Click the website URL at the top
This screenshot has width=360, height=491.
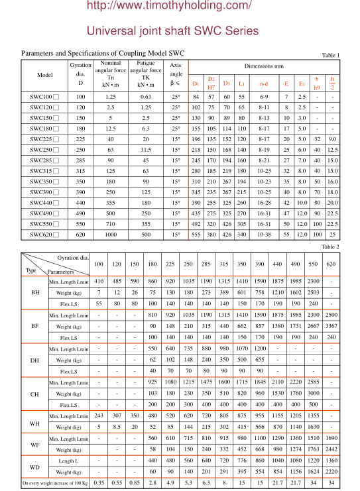(x=179, y=7)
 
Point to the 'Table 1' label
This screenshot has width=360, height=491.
(x=330, y=55)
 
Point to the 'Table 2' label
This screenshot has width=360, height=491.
(x=330, y=246)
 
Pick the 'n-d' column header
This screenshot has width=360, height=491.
(x=264, y=83)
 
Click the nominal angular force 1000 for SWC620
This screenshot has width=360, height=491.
(x=111, y=235)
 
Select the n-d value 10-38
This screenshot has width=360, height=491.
(x=264, y=235)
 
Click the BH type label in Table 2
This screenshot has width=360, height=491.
(x=34, y=292)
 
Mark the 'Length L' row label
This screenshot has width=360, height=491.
(x=68, y=460)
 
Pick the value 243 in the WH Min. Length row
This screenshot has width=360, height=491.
(x=99, y=415)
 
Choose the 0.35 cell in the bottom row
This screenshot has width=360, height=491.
(x=99, y=482)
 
